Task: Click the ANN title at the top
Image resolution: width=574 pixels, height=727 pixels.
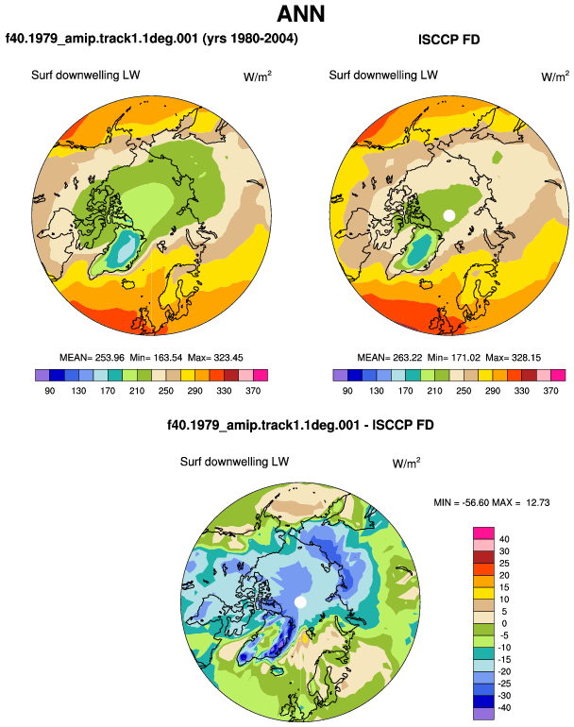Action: [300, 14]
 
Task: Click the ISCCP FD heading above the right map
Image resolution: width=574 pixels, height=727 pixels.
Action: [448, 40]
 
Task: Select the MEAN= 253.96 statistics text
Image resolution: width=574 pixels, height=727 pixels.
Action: [92, 358]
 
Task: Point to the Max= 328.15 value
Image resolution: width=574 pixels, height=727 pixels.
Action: [513, 358]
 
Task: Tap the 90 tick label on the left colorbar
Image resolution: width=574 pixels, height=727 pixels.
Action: [50, 391]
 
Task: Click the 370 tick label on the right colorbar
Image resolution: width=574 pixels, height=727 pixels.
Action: [550, 391]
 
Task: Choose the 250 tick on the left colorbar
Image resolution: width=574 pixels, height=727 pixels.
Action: [165, 391]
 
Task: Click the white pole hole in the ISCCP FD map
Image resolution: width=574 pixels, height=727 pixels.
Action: [448, 215]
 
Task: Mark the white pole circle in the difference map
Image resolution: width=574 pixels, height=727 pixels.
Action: [300, 601]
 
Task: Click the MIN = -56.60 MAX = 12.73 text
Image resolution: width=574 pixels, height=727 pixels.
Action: [492, 502]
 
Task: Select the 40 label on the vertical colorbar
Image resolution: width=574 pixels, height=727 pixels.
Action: [504, 539]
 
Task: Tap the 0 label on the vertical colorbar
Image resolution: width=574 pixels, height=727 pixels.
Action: [504, 623]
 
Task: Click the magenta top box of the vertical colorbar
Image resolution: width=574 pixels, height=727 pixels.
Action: [483, 533]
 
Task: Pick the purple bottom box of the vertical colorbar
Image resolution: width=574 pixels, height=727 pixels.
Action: [483, 714]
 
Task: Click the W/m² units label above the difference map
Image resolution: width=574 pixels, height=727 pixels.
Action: [406, 463]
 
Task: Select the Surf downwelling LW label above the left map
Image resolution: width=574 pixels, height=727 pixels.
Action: [85, 76]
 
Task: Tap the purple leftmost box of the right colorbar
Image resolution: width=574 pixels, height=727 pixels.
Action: [340, 375]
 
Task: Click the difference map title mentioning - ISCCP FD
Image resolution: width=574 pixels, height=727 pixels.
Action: [300, 425]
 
